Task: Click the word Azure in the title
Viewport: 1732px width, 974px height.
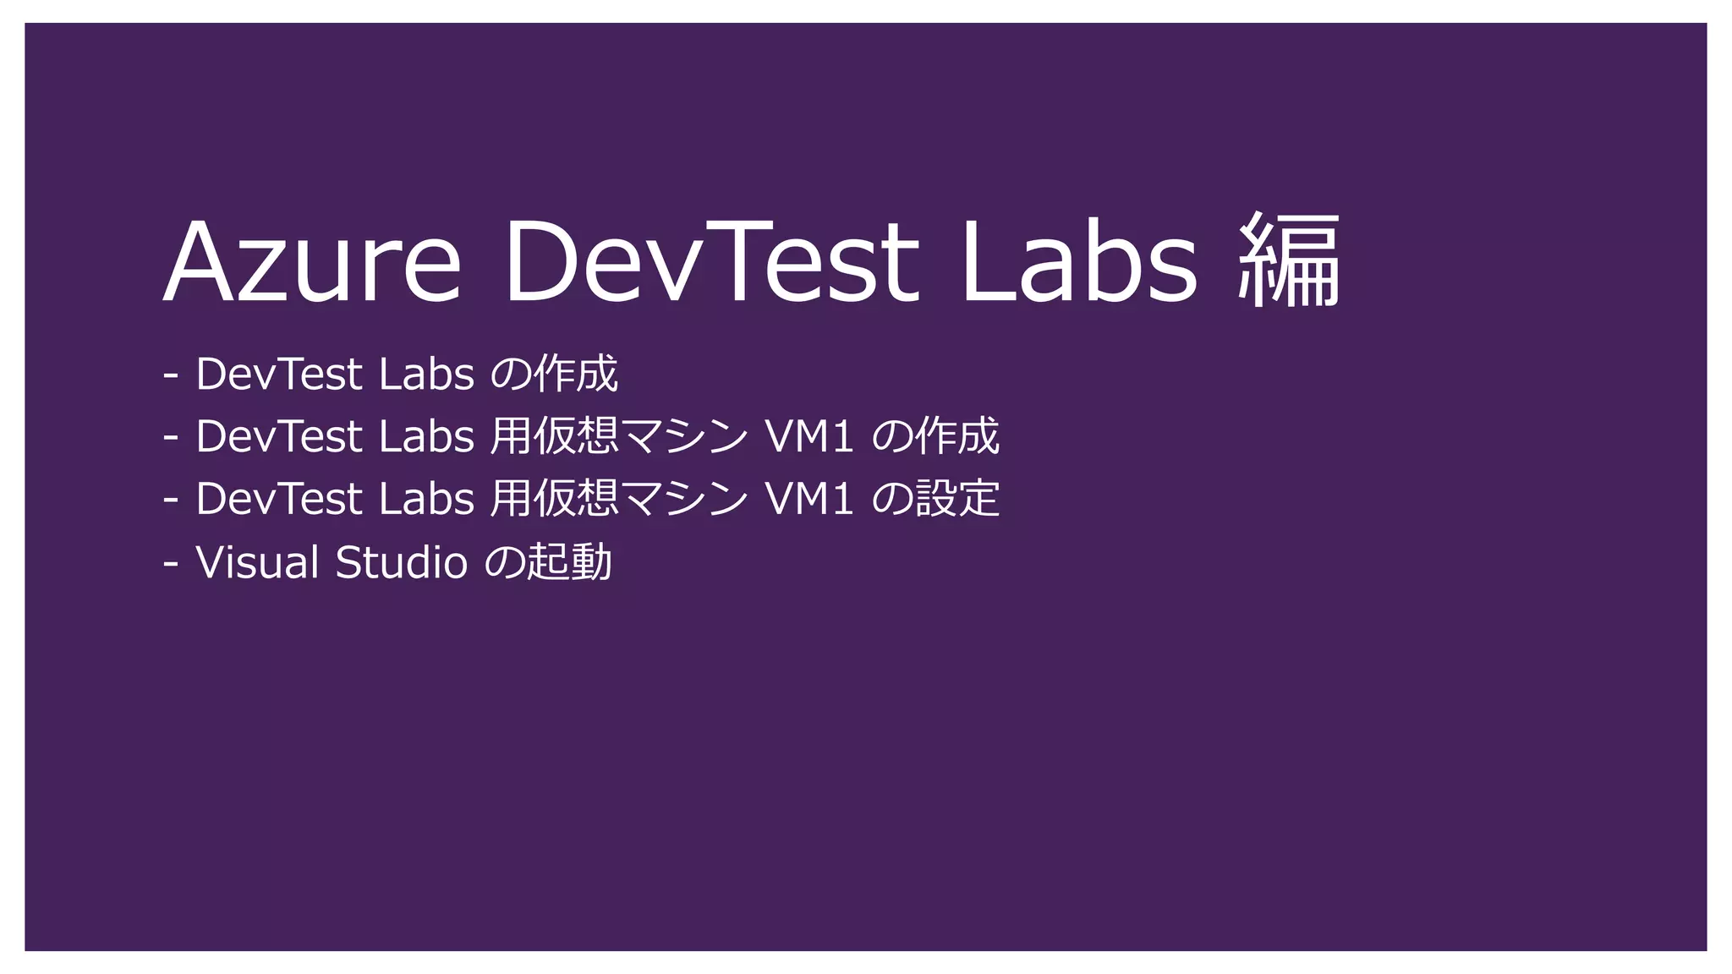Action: tap(312, 262)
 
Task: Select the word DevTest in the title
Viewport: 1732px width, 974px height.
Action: tap(711, 262)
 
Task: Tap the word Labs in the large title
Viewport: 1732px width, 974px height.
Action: tap(1079, 262)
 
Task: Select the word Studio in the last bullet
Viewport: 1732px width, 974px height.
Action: tap(401, 562)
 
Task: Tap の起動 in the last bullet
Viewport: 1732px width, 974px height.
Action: tap(548, 562)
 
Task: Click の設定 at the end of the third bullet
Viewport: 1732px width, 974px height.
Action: tap(935, 499)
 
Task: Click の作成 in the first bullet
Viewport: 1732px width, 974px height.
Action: tap(555, 374)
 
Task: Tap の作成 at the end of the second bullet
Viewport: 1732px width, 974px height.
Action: tap(935, 436)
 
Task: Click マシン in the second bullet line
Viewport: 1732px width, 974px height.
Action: tap(685, 436)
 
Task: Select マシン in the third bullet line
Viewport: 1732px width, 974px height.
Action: tap(685, 499)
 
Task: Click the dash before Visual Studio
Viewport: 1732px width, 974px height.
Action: tap(171, 562)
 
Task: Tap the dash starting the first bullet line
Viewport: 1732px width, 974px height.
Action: tap(171, 374)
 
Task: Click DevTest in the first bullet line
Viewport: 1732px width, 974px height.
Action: tap(279, 374)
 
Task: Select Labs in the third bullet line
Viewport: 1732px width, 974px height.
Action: tap(426, 499)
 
